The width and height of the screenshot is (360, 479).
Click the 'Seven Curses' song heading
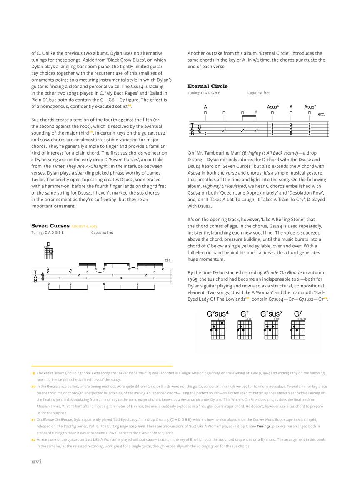pos(50,226)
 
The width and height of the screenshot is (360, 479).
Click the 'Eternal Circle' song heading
pos(207,86)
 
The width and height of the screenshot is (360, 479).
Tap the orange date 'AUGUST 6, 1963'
pos(84,226)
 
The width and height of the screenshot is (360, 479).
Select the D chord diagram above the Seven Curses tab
pos(49,252)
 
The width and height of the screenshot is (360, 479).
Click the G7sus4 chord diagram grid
pos(217,330)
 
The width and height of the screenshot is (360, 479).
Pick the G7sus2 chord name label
pos(272,314)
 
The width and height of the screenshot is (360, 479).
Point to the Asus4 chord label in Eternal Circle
pos(273,107)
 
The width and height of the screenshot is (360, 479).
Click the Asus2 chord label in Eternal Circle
pos(310,107)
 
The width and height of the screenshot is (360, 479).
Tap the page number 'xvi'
pos(37,461)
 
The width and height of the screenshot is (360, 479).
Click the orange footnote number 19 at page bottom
pos(33,373)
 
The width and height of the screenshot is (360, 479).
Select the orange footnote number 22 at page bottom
pos(33,439)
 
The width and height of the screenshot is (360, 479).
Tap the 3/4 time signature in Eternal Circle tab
pos(199,129)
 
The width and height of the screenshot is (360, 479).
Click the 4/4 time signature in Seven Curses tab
pos(42,276)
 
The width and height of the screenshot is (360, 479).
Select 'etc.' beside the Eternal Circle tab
pos(321,114)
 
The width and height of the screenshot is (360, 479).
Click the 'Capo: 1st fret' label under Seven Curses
pos(102,232)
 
